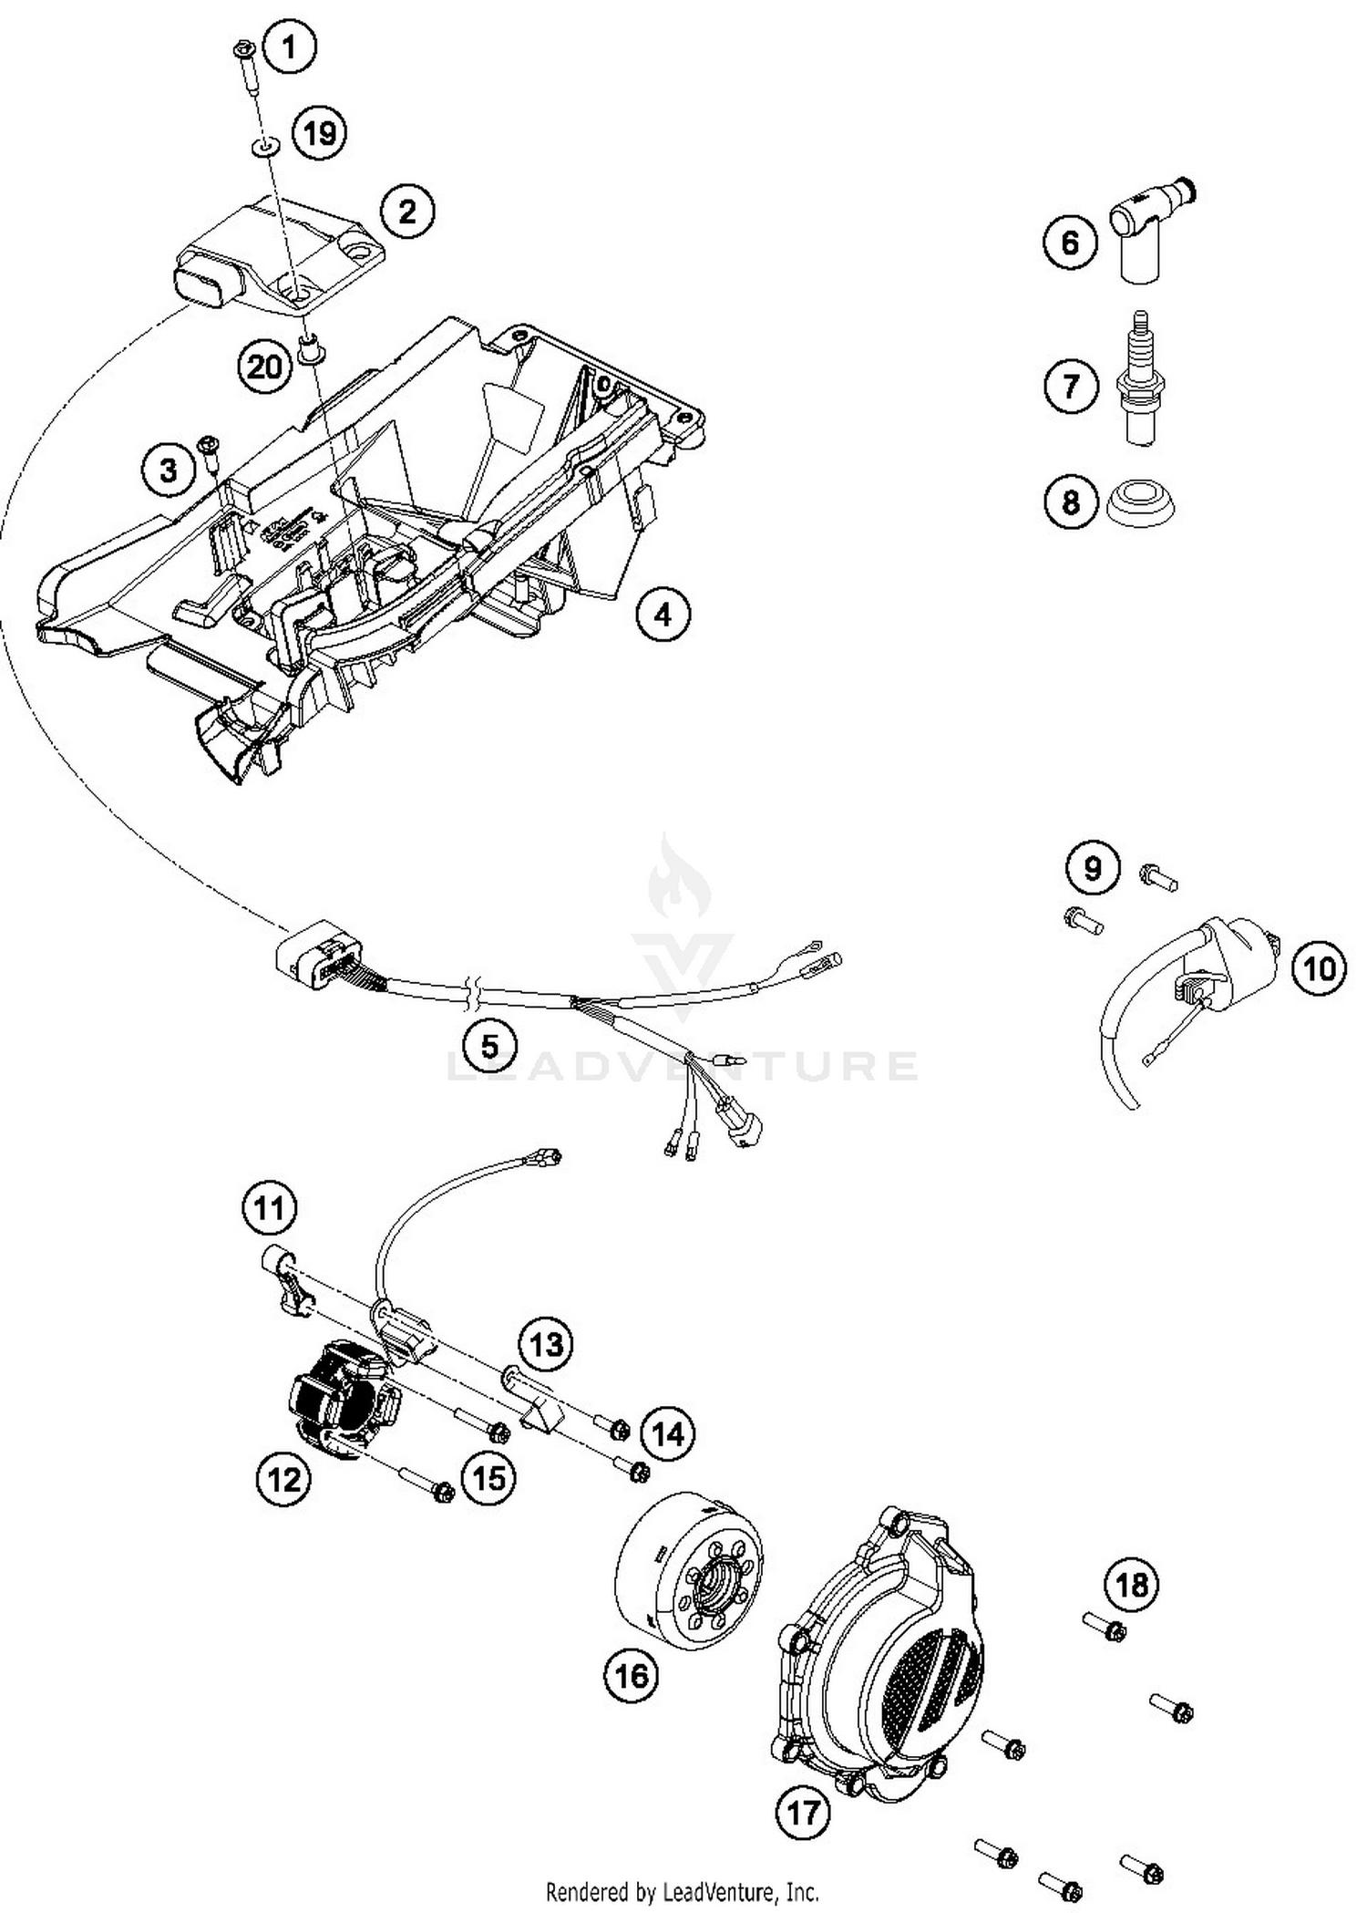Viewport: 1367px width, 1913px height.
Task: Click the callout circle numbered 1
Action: [x=290, y=47]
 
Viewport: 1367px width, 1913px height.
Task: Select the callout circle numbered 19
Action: [x=319, y=134]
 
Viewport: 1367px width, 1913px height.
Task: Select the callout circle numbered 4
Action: [x=663, y=615]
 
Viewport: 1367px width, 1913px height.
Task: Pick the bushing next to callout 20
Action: [x=308, y=346]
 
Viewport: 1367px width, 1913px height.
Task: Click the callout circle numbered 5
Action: [x=489, y=1045]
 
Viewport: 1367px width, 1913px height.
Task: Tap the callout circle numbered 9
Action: [x=1092, y=868]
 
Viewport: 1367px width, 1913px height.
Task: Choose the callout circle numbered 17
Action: [x=803, y=1812]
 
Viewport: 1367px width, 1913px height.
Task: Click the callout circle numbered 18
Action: [x=1131, y=1585]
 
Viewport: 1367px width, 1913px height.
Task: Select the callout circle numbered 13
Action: [x=547, y=1344]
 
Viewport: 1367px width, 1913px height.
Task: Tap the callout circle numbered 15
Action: [x=489, y=1477]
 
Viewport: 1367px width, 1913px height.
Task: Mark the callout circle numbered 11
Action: [x=269, y=1208]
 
